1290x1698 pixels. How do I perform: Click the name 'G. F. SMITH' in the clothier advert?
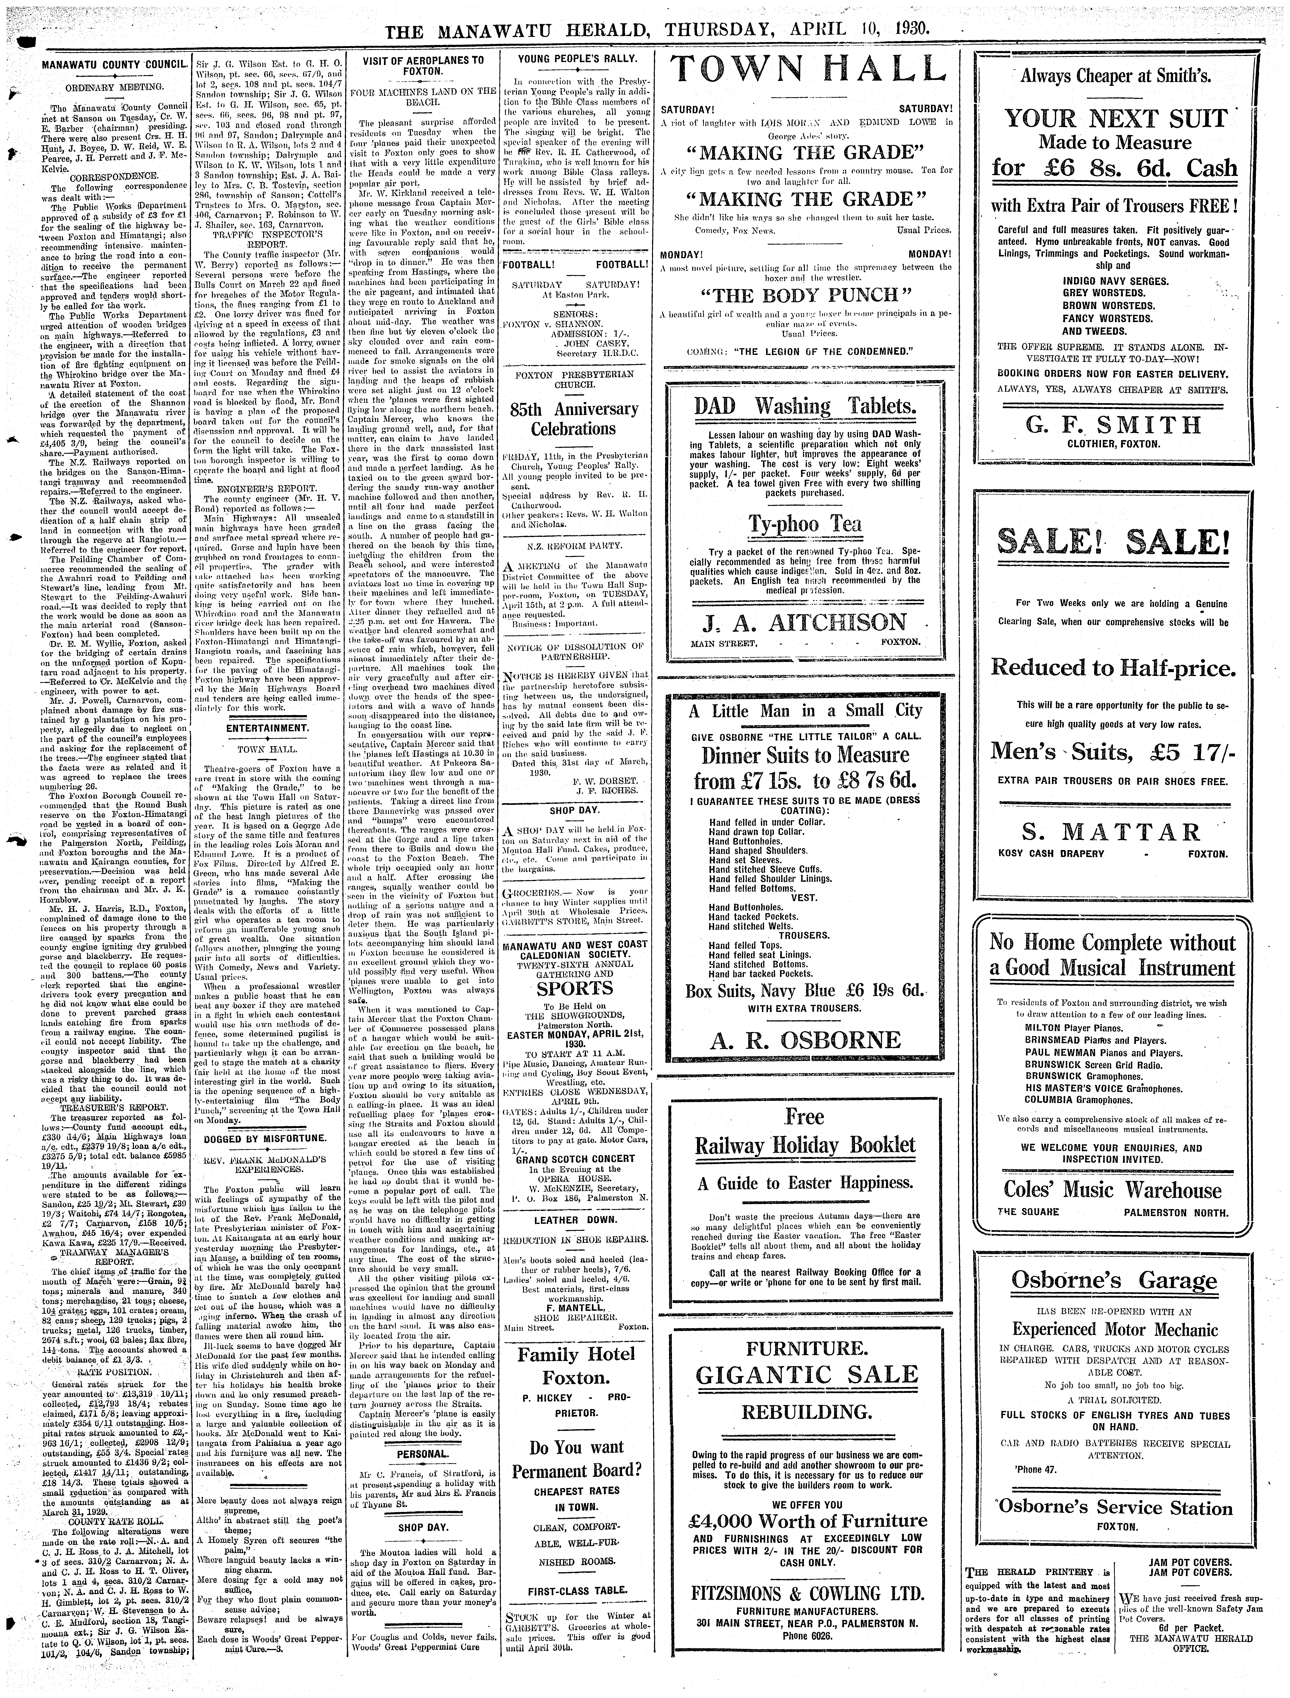click(1113, 424)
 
